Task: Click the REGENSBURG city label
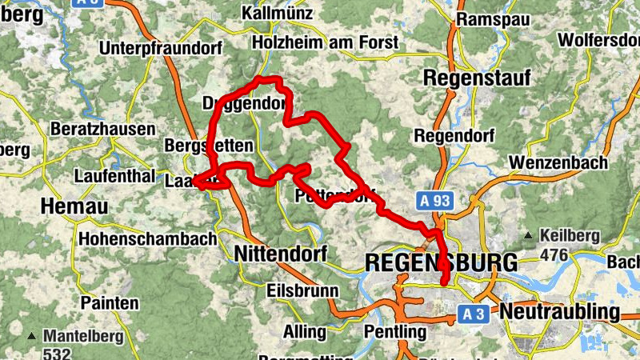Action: (441, 262)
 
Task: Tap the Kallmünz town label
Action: (280, 14)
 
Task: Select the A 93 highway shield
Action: (433, 201)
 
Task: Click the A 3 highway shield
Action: (474, 315)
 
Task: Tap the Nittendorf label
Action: (281, 254)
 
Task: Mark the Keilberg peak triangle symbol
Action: (529, 236)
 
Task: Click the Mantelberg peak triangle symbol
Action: (31, 335)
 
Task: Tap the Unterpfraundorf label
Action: (160, 48)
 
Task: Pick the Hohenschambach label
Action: (148, 238)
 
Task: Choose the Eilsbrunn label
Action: (302, 290)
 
